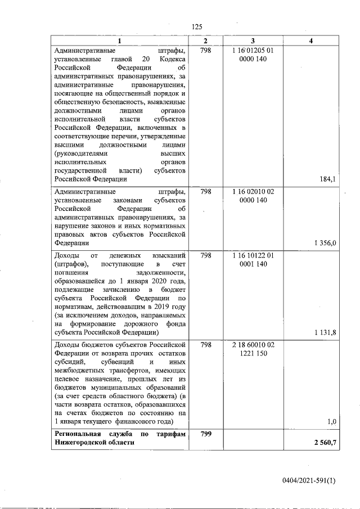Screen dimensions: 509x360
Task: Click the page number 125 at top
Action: (x=197, y=27)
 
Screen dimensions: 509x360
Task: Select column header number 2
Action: (x=206, y=42)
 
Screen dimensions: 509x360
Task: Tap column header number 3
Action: (x=253, y=42)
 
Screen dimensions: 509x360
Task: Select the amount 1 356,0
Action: (x=326, y=243)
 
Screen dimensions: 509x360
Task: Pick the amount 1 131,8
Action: (x=326, y=332)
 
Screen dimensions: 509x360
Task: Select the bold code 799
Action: (x=206, y=434)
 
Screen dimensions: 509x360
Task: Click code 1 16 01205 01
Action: (x=253, y=51)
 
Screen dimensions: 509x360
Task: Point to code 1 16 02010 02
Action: (x=253, y=191)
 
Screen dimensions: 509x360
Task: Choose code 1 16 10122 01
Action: (x=253, y=255)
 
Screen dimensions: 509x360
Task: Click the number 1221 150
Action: (x=253, y=353)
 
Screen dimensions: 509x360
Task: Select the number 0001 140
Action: (x=253, y=264)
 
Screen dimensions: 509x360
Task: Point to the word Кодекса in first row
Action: (x=172, y=59)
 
